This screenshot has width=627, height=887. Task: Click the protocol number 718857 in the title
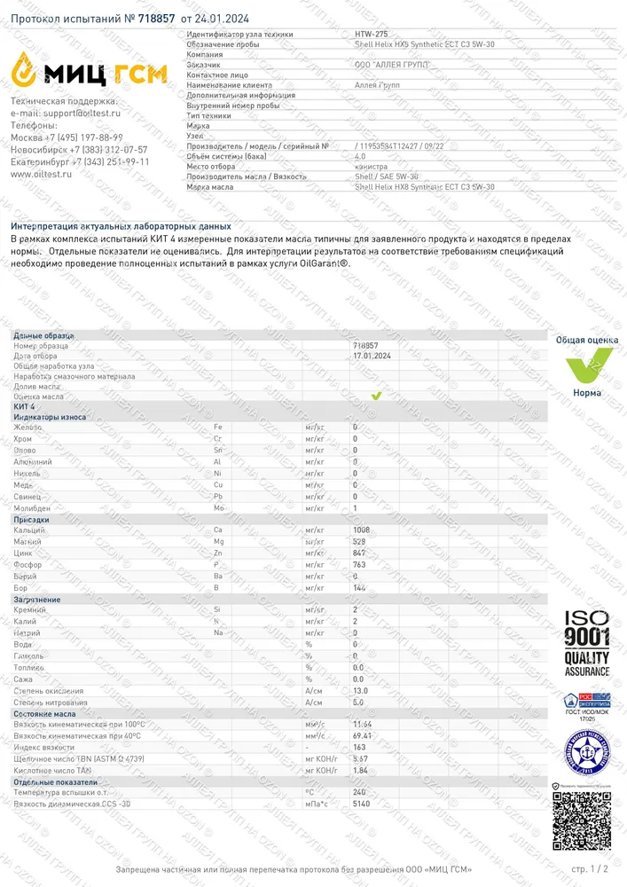pos(157,18)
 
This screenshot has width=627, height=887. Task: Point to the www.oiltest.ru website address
pos(41,174)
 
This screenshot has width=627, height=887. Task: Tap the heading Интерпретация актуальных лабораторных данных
pos(121,227)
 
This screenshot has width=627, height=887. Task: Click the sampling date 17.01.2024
pos(372,356)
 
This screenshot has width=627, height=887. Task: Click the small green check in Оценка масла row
pos(376,396)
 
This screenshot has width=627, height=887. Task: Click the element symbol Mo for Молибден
pos(218,507)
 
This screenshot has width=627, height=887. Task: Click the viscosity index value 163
pos(360,748)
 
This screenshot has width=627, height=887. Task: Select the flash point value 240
pos(360,791)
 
